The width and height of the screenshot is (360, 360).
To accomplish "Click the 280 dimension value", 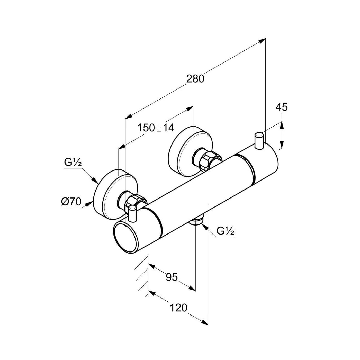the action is pyautogui.click(x=195, y=79).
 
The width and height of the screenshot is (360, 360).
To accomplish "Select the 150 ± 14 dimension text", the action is pyautogui.click(x=156, y=128).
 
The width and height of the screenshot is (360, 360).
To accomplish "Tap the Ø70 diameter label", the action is pyautogui.click(x=71, y=202).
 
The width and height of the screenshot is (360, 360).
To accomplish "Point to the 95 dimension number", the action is pyautogui.click(x=172, y=277).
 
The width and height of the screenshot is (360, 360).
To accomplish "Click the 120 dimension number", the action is pyautogui.click(x=178, y=308).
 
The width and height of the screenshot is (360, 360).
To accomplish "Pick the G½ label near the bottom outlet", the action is pyautogui.click(x=225, y=231).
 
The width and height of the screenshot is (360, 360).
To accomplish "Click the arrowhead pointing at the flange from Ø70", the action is pyautogui.click(x=89, y=204).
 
